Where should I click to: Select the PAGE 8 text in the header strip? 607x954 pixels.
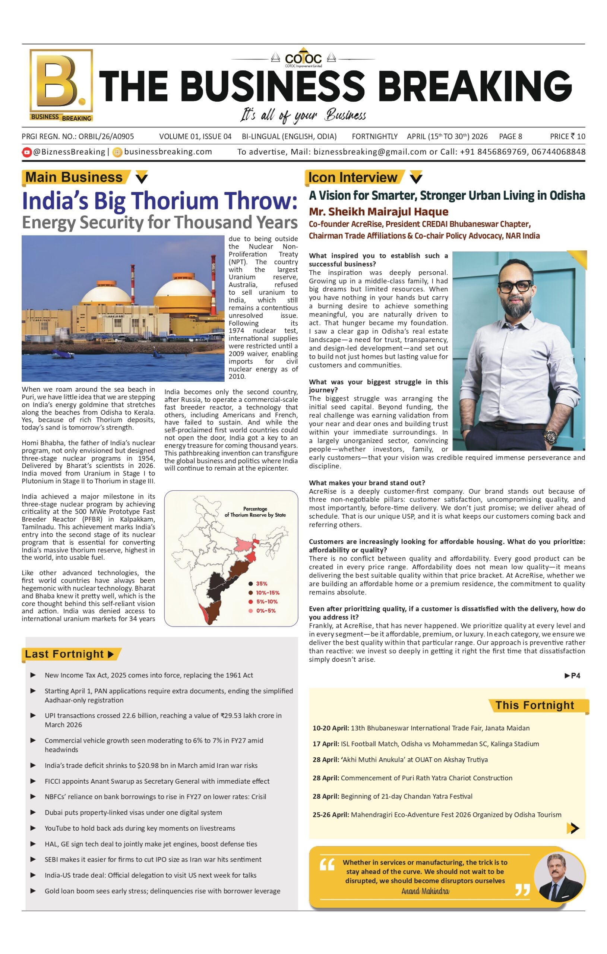[510, 137]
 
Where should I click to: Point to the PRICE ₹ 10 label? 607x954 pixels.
[568, 137]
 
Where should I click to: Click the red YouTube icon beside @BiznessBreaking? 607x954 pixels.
[26, 152]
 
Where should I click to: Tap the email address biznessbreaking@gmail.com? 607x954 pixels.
[370, 152]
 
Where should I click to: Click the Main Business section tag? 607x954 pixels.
[74, 177]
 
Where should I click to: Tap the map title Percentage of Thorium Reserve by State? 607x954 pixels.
[255, 512]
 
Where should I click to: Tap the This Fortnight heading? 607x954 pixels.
[534, 705]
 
